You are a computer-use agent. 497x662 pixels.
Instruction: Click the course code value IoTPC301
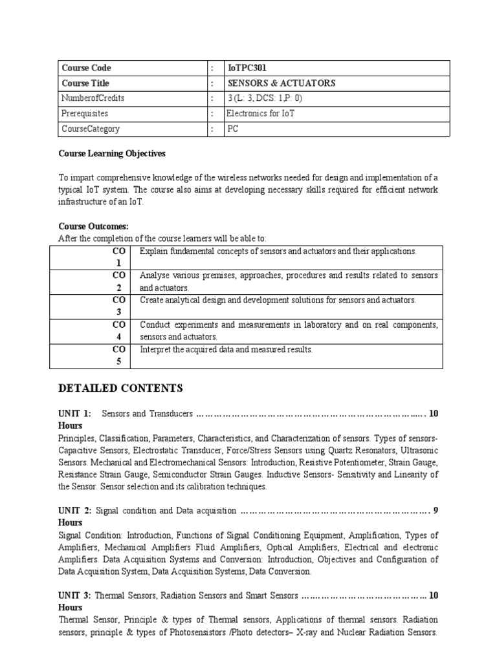pyautogui.click(x=248, y=68)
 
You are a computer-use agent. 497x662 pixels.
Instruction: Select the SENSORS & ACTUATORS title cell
pyautogui.click(x=281, y=83)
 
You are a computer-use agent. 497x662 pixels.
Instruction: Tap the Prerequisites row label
pyautogui.click(x=85, y=114)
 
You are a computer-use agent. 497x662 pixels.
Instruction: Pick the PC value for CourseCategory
pyautogui.click(x=233, y=129)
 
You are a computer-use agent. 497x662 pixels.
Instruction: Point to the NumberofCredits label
pyautogui.click(x=93, y=98)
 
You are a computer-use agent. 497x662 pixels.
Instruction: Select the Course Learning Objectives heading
pyautogui.click(x=112, y=154)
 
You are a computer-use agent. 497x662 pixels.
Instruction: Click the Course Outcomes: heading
pyautogui.click(x=93, y=226)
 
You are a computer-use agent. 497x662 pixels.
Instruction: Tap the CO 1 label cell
pyautogui.click(x=118, y=257)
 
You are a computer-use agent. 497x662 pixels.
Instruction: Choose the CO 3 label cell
pyautogui.click(x=118, y=306)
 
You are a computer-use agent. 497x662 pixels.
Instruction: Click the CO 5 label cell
pyautogui.click(x=118, y=356)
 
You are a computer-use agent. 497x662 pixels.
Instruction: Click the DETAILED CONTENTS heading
pyautogui.click(x=120, y=389)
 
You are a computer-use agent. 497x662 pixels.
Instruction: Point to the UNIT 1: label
pyautogui.click(x=74, y=413)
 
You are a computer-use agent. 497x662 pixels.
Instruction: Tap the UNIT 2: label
pyautogui.click(x=74, y=511)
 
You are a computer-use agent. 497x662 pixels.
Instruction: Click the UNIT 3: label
pyautogui.click(x=74, y=595)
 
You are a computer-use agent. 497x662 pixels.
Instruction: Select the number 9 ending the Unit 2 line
pyautogui.click(x=436, y=511)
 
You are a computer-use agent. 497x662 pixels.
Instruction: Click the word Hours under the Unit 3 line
pyautogui.click(x=71, y=608)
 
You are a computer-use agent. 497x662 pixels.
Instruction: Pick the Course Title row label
pyautogui.click(x=85, y=83)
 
